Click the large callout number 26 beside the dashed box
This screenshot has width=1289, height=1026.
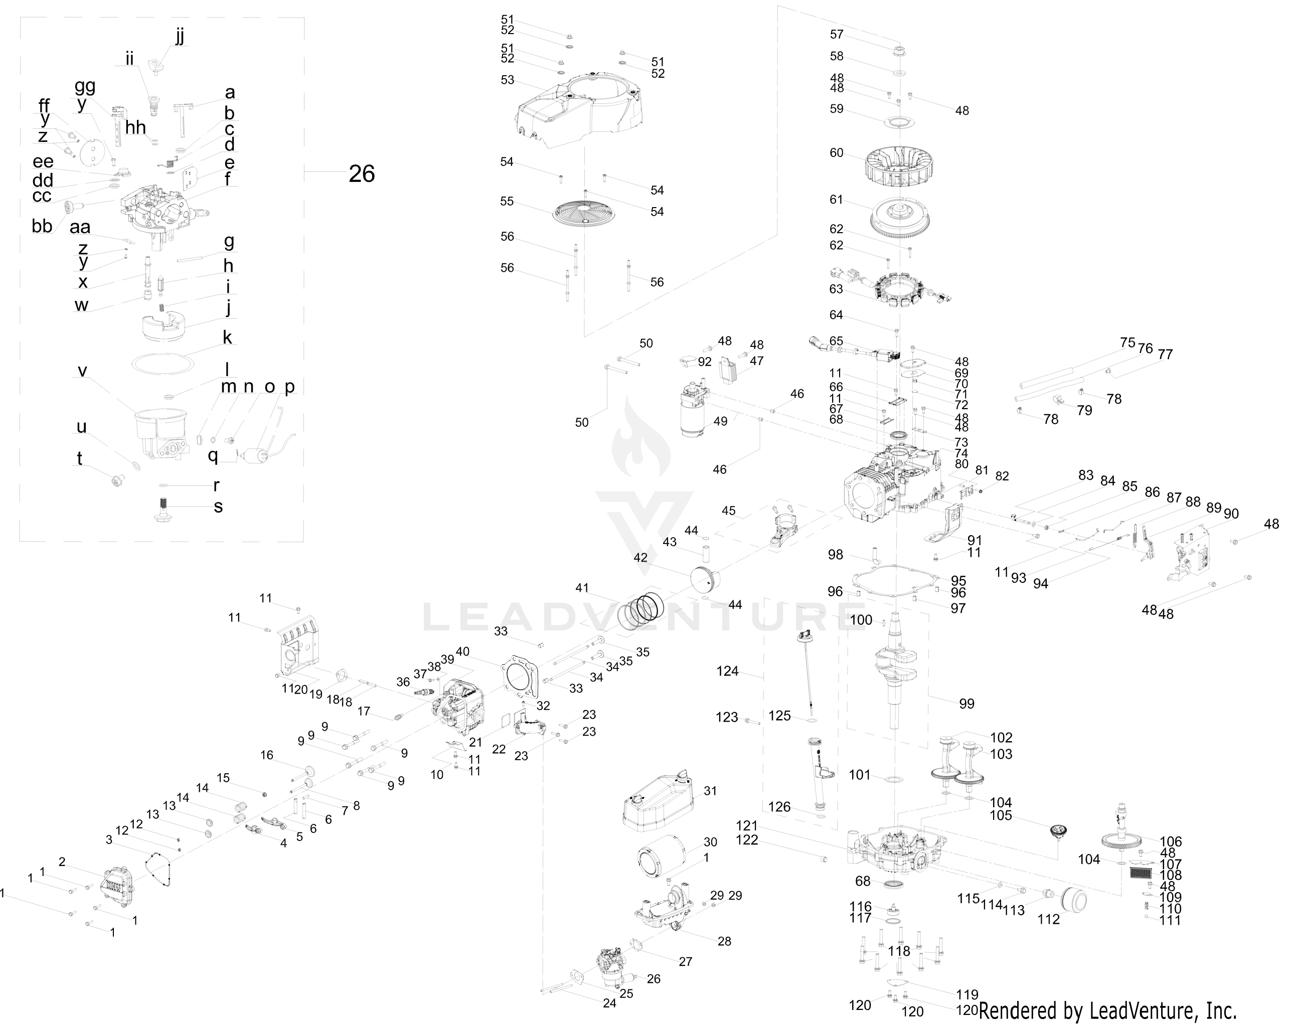tap(362, 174)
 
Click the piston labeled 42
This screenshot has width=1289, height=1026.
tap(706, 579)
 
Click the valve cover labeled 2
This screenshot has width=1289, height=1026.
tap(117, 886)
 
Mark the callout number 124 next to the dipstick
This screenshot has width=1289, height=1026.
tap(728, 671)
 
